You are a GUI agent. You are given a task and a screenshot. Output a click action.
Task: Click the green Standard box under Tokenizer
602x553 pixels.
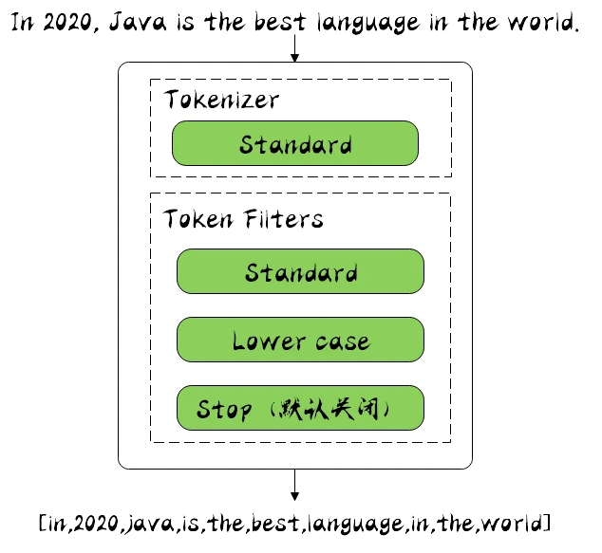click(295, 144)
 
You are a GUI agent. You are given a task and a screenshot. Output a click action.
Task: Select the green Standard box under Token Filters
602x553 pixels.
click(300, 272)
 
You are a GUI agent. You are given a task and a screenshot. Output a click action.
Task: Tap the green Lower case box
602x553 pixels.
click(300, 341)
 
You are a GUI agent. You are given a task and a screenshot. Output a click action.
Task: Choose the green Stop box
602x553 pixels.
click(300, 409)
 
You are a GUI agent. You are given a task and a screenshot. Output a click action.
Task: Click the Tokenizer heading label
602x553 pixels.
click(221, 100)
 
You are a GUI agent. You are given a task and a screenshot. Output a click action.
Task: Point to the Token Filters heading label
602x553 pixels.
click(243, 219)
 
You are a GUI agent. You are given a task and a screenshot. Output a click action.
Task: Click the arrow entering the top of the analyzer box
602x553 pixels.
click(295, 49)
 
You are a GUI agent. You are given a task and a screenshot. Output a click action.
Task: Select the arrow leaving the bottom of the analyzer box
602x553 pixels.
click(295, 485)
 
